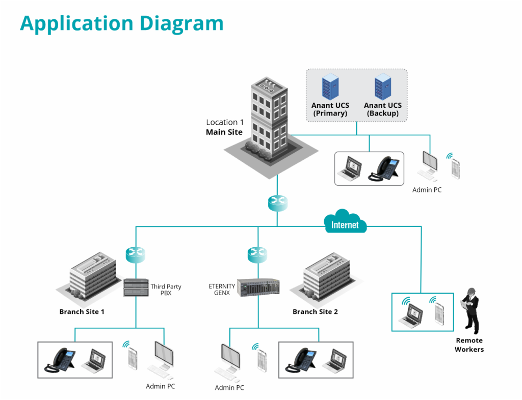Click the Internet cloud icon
[345, 222]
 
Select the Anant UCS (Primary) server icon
[330, 87]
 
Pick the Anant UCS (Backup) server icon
[382, 87]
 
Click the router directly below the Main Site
[277, 203]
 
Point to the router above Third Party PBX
[136, 253]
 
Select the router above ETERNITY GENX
[257, 253]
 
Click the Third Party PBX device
[136, 288]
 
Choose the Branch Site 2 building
[326, 277]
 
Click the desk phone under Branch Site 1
[60, 360]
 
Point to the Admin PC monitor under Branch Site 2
[229, 359]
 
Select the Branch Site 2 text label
[315, 311]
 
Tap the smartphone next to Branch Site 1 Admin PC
[133, 358]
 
